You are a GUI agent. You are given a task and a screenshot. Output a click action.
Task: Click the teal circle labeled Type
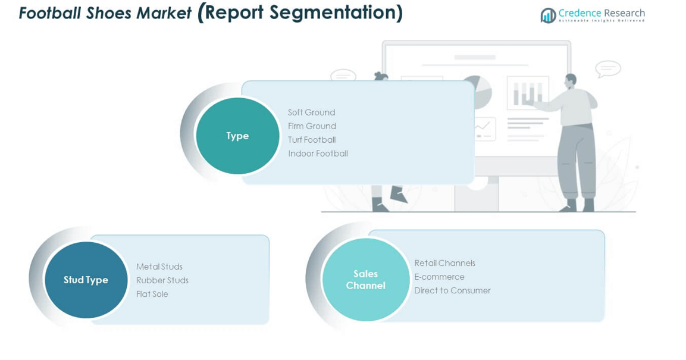click(237, 136)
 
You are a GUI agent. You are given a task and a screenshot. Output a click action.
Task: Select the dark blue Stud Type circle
click(86, 280)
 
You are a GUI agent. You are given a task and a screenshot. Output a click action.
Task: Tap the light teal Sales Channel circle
click(365, 280)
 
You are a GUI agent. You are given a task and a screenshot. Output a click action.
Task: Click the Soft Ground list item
click(311, 112)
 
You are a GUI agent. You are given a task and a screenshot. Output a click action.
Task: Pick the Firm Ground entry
click(312, 126)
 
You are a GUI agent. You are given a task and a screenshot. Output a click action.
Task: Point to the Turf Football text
click(312, 140)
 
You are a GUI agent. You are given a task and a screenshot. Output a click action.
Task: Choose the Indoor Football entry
click(318, 154)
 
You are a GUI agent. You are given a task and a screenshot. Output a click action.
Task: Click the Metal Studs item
click(159, 267)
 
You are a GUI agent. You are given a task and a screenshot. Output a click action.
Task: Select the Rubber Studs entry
click(162, 280)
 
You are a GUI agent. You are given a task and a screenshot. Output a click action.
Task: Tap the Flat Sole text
click(152, 294)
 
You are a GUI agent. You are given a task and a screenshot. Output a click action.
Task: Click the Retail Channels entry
click(444, 263)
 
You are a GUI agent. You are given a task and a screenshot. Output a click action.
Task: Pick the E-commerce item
click(439, 277)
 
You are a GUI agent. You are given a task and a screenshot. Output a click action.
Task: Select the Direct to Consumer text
click(452, 290)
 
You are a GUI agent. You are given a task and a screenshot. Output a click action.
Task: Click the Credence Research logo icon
click(548, 15)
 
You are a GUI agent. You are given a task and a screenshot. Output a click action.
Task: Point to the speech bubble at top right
click(607, 69)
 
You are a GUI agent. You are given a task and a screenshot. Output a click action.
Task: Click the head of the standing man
click(571, 80)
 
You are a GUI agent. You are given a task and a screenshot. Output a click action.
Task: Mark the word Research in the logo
click(623, 12)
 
